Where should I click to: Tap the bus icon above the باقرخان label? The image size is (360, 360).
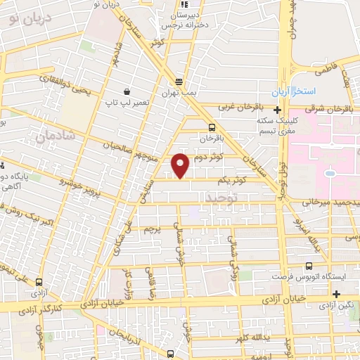click(x=212, y=127)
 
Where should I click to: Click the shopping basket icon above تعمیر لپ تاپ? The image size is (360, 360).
click(x=127, y=91)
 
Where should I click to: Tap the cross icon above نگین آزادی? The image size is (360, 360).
click(x=337, y=294)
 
